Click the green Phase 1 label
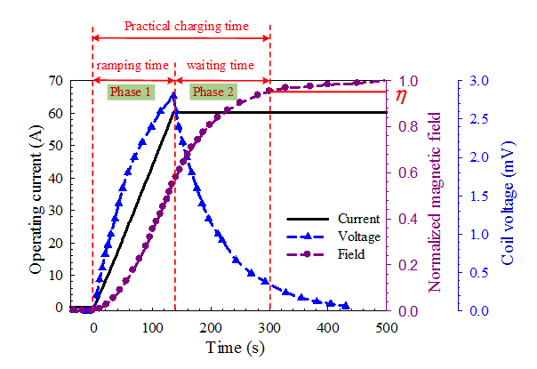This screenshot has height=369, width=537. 131,92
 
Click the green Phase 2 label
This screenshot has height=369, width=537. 214,92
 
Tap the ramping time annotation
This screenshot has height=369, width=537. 132,65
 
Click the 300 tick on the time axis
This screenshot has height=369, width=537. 269,325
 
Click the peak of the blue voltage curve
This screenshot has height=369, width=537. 174,95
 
